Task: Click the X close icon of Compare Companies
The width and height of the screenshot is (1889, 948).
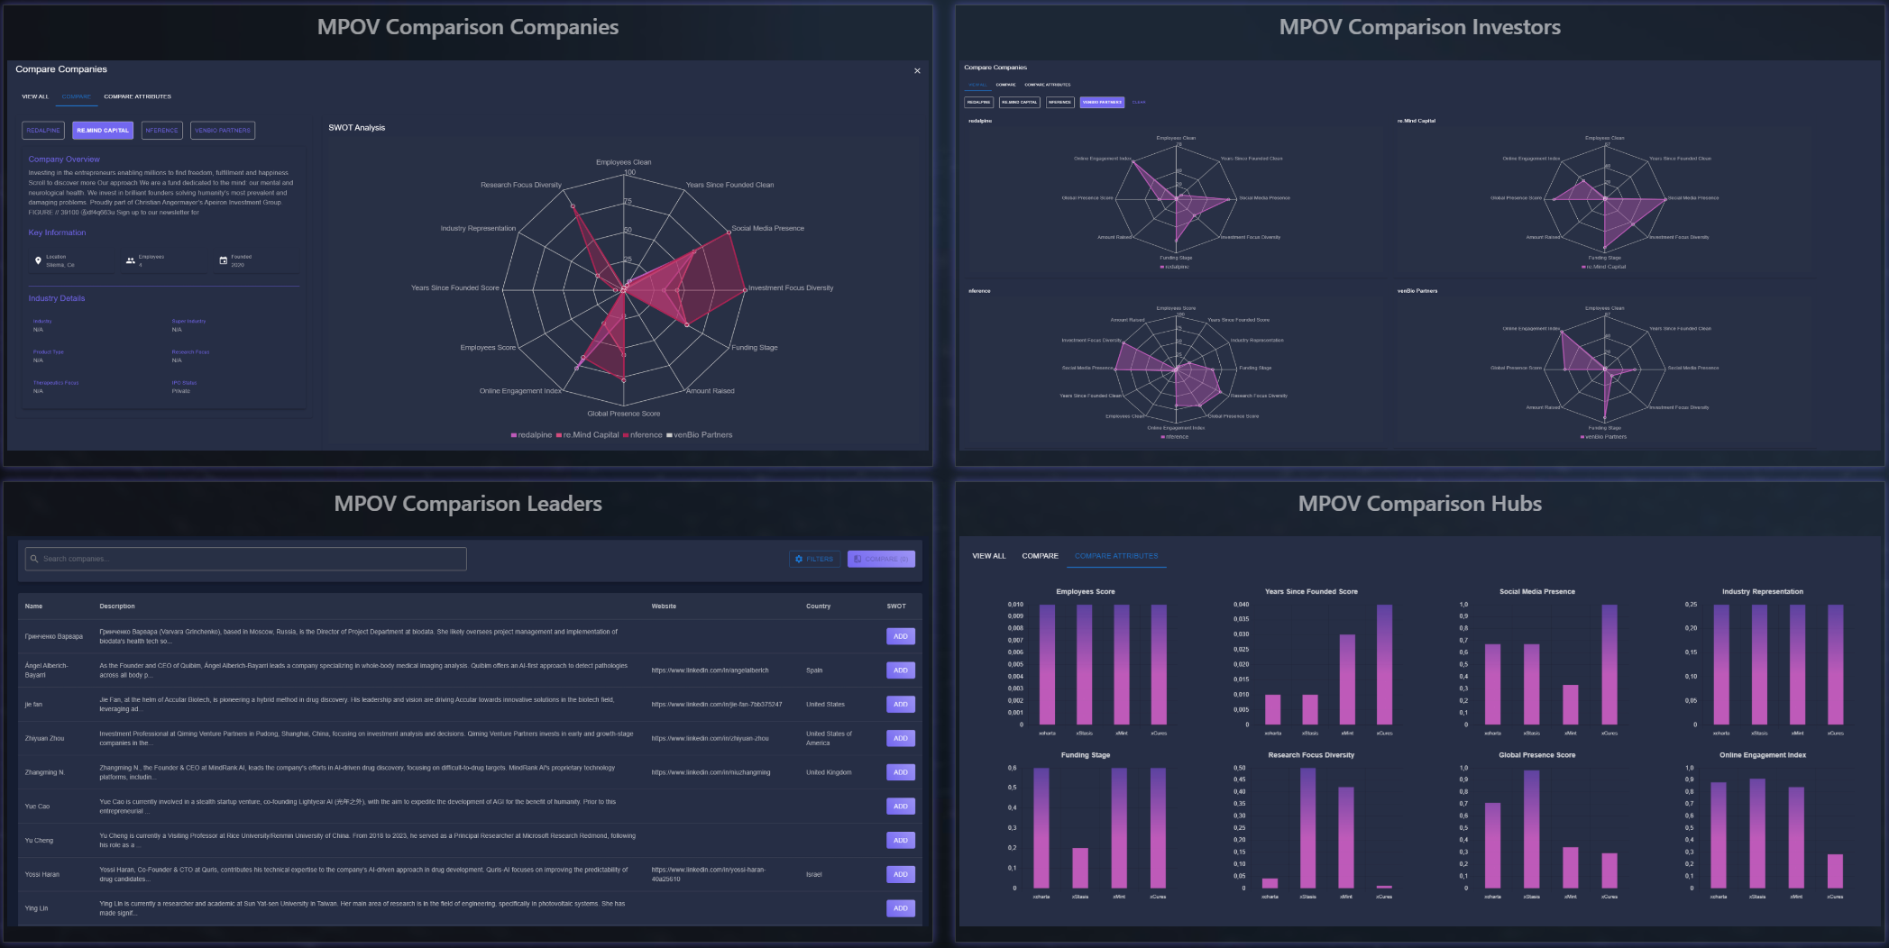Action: (917, 71)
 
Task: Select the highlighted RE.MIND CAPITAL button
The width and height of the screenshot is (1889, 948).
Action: (103, 131)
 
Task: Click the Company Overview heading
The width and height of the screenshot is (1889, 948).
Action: (64, 160)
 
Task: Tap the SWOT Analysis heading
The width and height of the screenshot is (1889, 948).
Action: (356, 128)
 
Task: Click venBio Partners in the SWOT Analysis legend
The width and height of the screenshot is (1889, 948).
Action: (701, 435)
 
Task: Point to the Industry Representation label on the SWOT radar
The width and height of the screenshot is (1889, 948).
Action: (478, 229)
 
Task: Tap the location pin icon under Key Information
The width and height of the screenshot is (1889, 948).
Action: (38, 260)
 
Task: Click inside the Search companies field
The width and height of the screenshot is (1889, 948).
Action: (245, 559)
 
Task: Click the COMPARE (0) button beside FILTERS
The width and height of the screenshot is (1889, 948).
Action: (881, 559)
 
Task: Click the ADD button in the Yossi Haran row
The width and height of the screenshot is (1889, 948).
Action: (900, 874)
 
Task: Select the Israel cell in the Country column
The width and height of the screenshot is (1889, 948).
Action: (813, 874)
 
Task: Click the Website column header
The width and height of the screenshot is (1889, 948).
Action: (664, 606)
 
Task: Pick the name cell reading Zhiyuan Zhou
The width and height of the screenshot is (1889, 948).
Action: (44, 738)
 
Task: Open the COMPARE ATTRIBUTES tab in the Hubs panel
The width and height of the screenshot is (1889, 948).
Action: (1116, 556)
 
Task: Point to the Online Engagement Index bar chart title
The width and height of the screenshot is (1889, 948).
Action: (1762, 755)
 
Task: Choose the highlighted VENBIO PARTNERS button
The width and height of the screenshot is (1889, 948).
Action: (1102, 102)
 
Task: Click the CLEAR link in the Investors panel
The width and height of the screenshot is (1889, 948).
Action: (1139, 102)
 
